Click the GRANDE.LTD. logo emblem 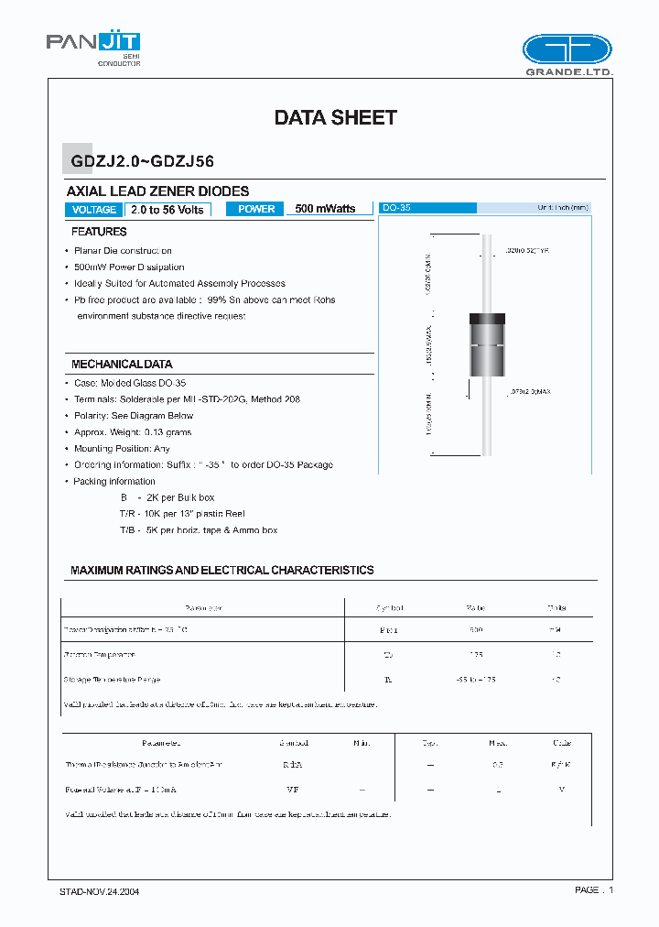(x=567, y=49)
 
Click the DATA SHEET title (x=336, y=117)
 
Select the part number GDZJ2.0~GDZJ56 (x=143, y=161)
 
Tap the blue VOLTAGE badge (x=93, y=210)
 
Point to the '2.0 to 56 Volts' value (x=167, y=210)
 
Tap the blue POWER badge (x=256, y=209)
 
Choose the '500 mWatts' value (x=325, y=209)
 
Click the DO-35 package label (x=396, y=208)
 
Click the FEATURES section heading (x=99, y=232)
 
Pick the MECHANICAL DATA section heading (x=122, y=364)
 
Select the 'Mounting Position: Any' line (x=122, y=449)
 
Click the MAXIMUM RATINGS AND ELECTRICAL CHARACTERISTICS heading (x=222, y=570)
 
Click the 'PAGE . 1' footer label (x=594, y=889)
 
